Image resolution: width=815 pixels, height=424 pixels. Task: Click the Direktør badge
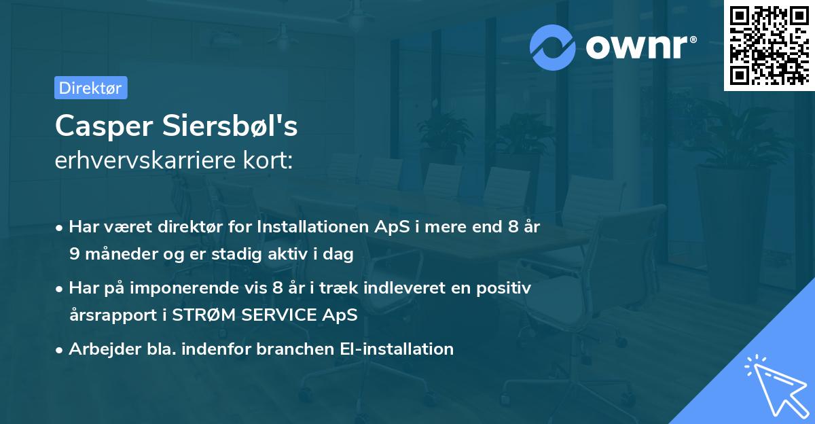[90, 88]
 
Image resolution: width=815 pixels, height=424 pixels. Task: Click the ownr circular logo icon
[553, 46]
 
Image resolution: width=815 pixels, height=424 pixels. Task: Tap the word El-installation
[397, 349]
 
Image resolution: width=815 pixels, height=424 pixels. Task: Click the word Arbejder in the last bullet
[98, 349]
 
